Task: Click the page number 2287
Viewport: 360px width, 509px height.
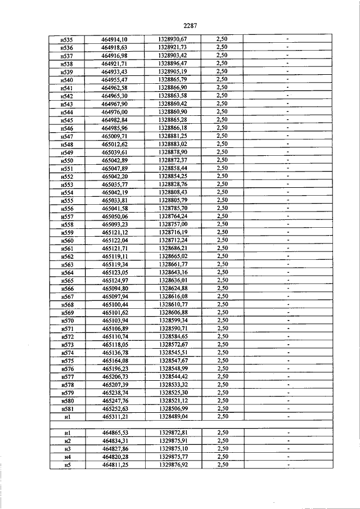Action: tap(189, 25)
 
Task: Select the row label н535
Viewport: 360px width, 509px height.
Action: tap(67, 39)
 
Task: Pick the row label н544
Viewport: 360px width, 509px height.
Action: tap(67, 112)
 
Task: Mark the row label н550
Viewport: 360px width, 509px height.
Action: tap(67, 160)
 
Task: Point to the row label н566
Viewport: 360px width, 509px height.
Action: tap(67, 289)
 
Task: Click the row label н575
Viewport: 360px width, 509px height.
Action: tap(67, 361)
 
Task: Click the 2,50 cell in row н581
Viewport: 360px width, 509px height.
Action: tap(222, 408)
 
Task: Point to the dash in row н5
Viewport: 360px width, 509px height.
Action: tap(287, 465)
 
